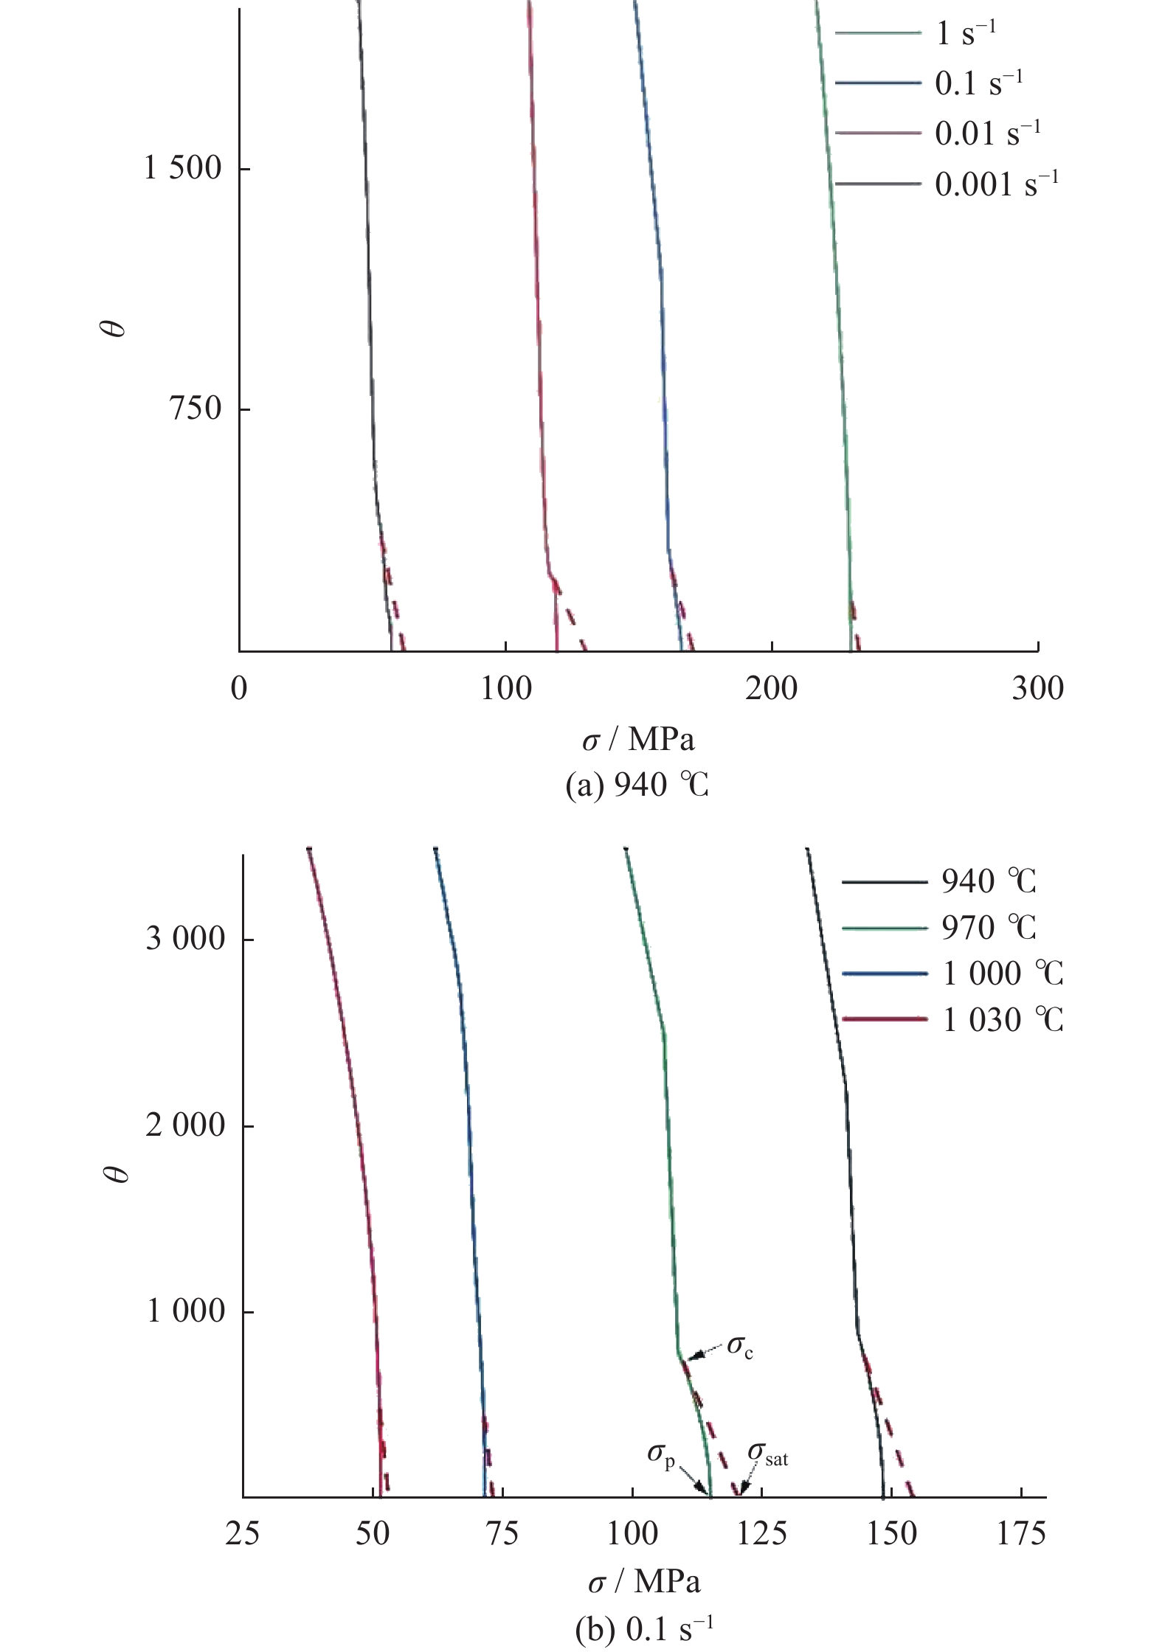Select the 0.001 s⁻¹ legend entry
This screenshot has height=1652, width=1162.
996,184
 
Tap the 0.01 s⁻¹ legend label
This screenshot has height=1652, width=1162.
987,133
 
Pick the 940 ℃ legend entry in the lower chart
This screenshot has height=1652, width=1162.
988,881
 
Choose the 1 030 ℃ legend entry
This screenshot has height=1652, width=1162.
1003,1020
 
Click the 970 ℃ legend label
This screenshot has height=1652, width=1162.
988,928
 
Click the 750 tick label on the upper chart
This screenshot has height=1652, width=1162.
196,409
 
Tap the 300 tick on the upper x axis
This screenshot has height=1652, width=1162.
1037,689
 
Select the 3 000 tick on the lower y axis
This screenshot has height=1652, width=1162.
185,939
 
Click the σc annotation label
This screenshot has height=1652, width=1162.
739,1346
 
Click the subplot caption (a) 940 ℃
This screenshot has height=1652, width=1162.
637,786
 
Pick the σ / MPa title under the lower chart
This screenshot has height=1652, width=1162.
643,1581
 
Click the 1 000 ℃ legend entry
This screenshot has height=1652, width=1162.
1003,974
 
